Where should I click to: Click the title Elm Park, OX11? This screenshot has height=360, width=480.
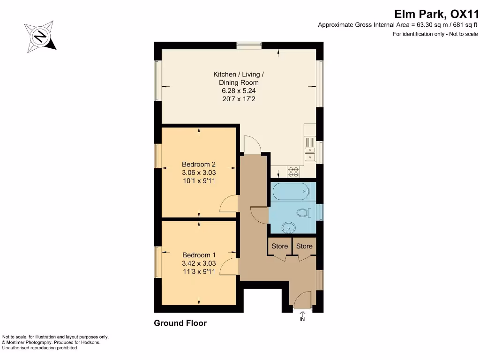[x=436, y=14]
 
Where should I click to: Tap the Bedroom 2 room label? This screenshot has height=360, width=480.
[x=199, y=164]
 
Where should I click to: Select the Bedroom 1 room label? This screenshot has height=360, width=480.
[x=199, y=255]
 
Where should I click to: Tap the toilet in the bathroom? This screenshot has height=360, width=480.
[x=303, y=213]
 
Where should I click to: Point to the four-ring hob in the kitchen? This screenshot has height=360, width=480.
[x=293, y=172]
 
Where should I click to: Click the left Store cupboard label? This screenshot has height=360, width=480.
[x=280, y=246]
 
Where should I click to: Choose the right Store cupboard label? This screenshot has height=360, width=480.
[x=304, y=246]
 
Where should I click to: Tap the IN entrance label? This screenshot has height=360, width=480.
[x=302, y=319]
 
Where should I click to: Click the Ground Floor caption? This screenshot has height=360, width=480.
[x=180, y=323]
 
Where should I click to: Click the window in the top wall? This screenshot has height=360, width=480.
[x=249, y=45]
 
